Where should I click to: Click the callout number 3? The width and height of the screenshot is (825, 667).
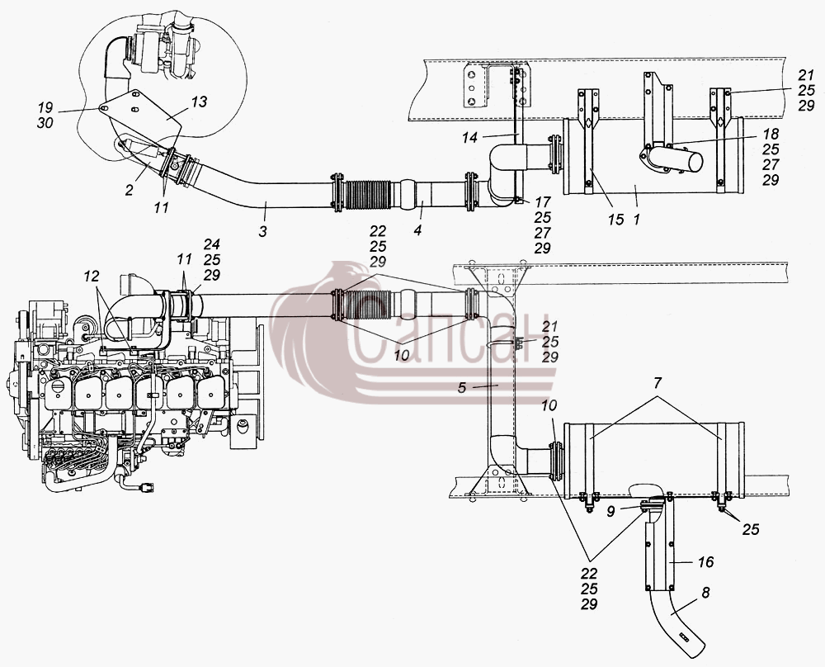tap(263, 231)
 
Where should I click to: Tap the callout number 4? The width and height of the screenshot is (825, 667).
tap(417, 230)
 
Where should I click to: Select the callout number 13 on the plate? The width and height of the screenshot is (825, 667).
tap(200, 102)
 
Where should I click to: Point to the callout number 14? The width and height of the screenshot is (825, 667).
tap(470, 137)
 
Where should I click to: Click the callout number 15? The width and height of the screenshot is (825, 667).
tap(615, 219)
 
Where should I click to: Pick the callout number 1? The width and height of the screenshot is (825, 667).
tap(637, 219)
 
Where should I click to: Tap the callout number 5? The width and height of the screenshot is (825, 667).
tap(462, 388)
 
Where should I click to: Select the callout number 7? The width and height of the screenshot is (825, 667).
tap(658, 383)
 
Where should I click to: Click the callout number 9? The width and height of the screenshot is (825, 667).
tap(610, 511)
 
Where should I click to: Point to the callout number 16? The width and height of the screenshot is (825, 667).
tap(705, 562)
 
